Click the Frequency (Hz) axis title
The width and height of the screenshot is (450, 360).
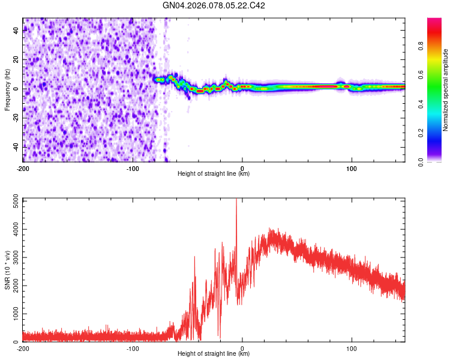[x=7, y=90]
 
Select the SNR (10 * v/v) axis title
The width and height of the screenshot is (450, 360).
[x=7, y=270]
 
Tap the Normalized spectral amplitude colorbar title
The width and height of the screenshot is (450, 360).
[x=446, y=90]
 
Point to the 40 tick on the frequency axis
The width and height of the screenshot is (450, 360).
[x=16, y=31]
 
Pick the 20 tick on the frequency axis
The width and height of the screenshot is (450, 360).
[x=16, y=60]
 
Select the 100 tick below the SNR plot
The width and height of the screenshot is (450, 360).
[x=352, y=348]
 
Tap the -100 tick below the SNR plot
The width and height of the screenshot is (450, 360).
[x=133, y=348]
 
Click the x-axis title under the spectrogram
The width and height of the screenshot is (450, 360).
[x=214, y=173]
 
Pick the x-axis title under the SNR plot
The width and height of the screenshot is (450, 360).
[x=214, y=355]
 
